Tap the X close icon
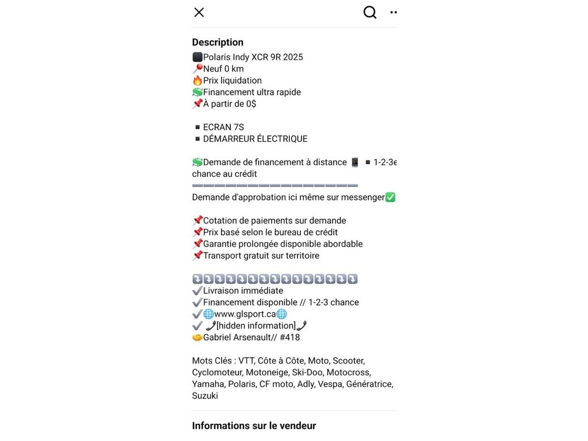pyautogui.click(x=199, y=12)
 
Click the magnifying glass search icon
pyautogui.click(x=370, y=12)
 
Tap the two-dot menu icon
pyautogui.click(x=393, y=12)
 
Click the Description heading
pyautogui.click(x=218, y=42)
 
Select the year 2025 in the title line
pyautogui.click(x=292, y=57)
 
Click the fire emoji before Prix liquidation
pyautogui.click(x=197, y=80)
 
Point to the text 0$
pyautogui.click(x=250, y=104)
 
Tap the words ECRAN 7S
pyautogui.click(x=223, y=127)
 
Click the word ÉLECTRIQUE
pyautogui.click(x=281, y=139)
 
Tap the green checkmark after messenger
pyautogui.click(x=390, y=198)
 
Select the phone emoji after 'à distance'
pyautogui.click(x=355, y=163)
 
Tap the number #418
pyautogui.click(x=290, y=338)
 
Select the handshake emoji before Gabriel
pyautogui.click(x=197, y=338)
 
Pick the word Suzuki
pyautogui.click(x=205, y=396)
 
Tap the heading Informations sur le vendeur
pyautogui.click(x=254, y=425)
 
